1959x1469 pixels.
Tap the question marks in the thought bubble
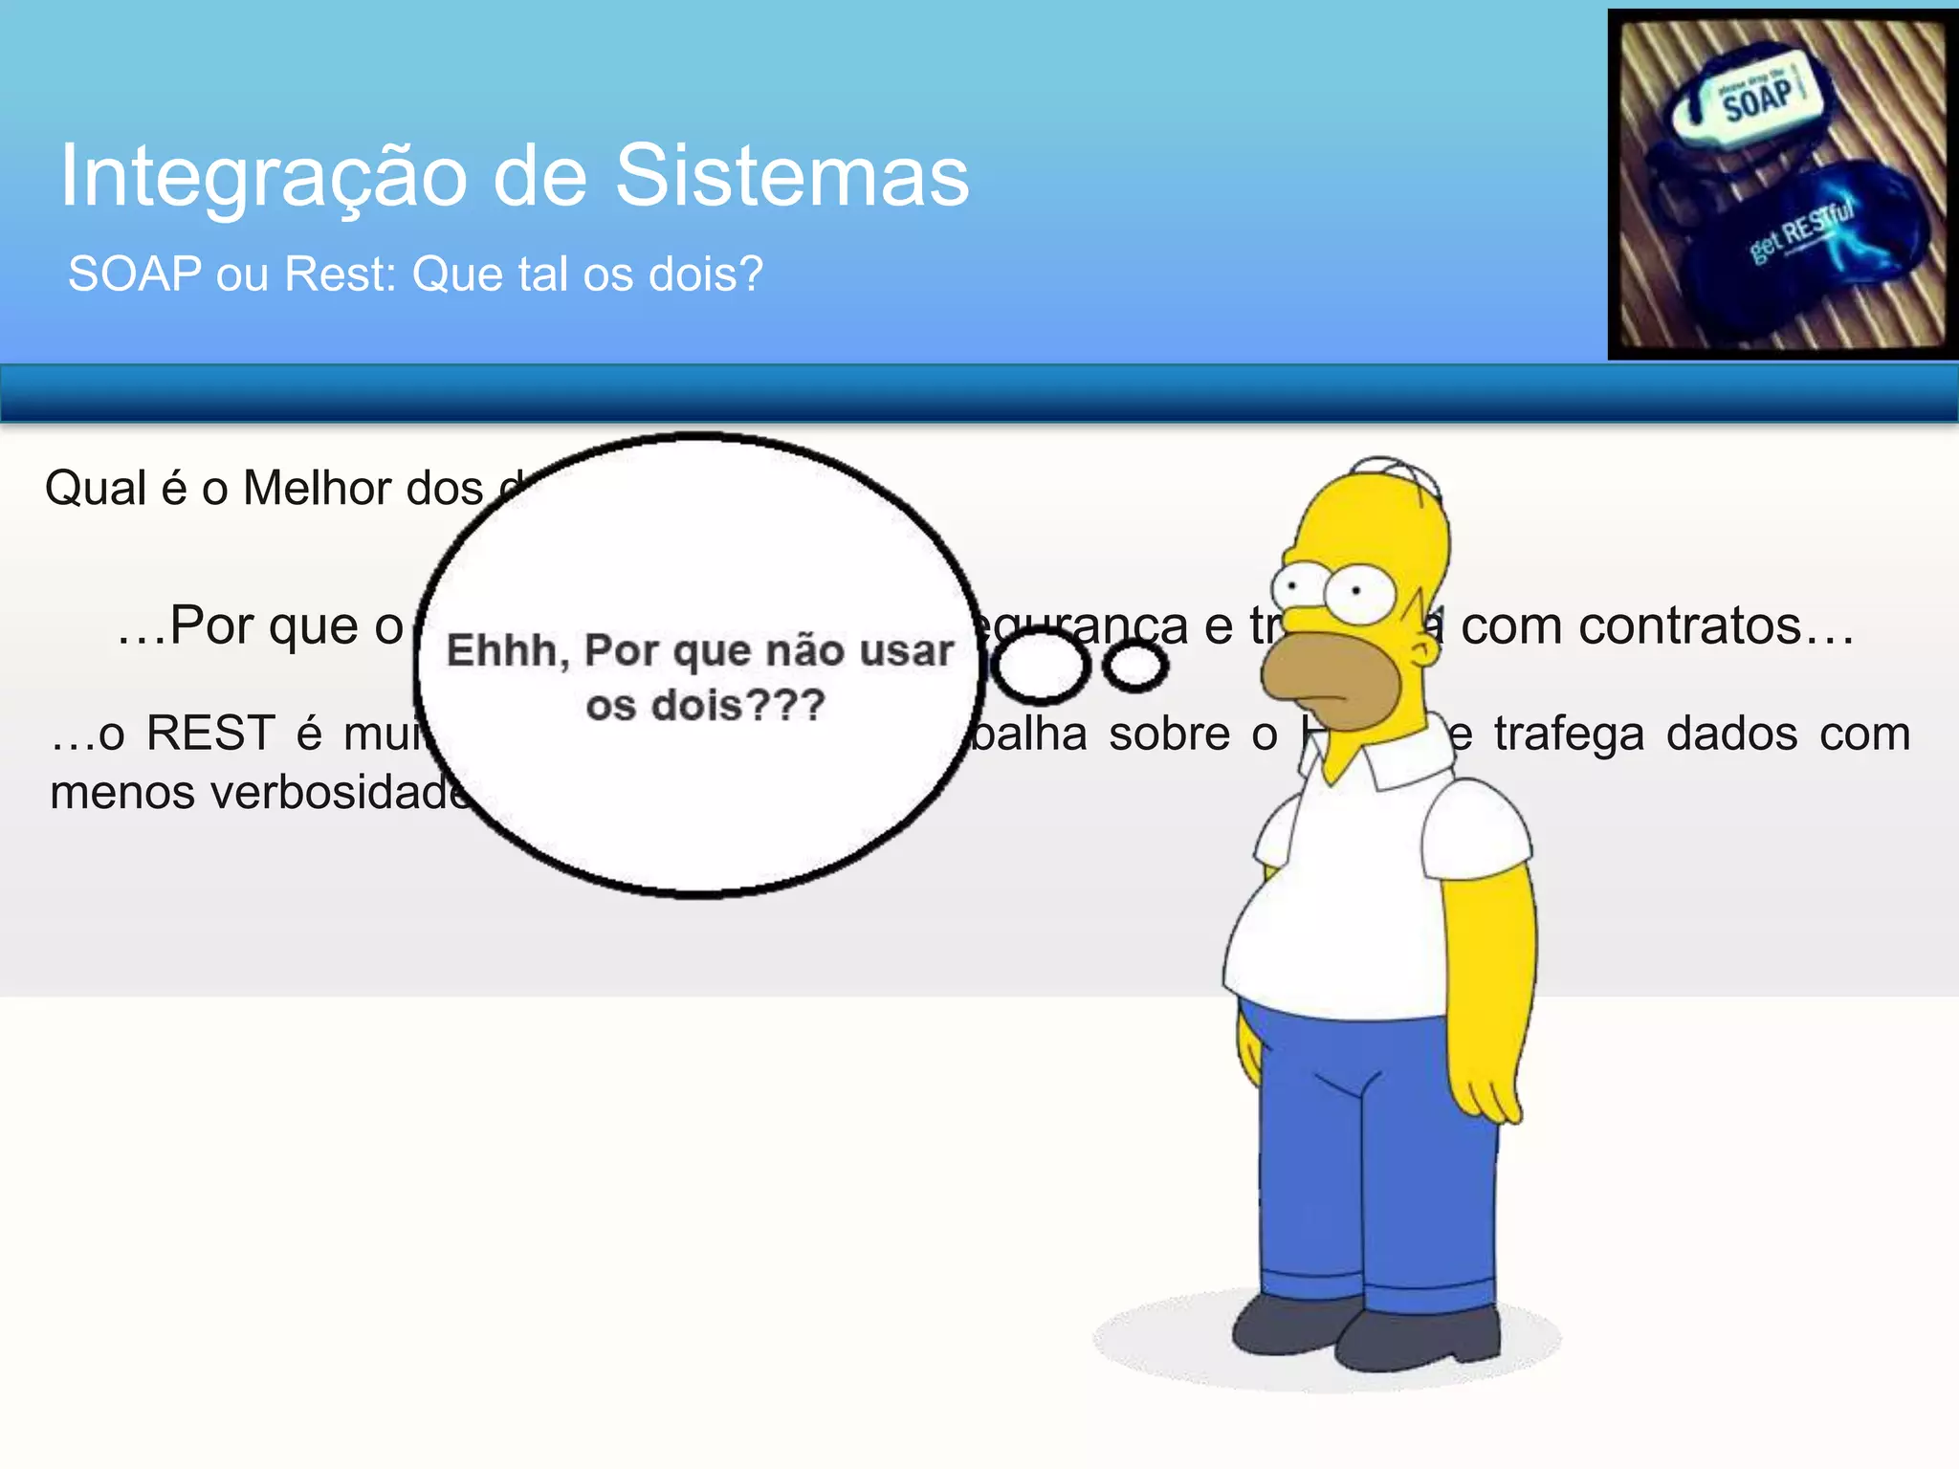pyautogui.click(x=784, y=706)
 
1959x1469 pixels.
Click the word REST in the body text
pyautogui.click(x=210, y=734)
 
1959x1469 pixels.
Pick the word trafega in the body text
pyautogui.click(x=1569, y=734)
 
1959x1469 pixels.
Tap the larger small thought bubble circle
pyautogui.click(x=1040, y=667)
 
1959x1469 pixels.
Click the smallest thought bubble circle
pyautogui.click(x=1135, y=667)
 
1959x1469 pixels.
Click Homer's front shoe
pyautogui.click(x=1416, y=1339)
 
